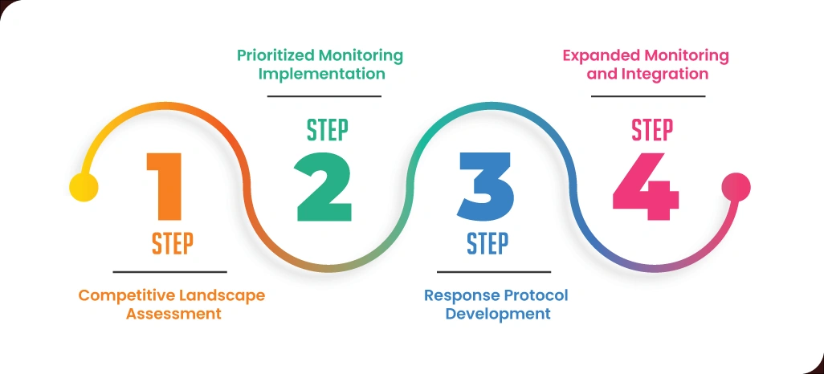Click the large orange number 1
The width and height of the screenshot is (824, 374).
tap(167, 185)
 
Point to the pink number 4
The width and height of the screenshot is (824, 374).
tap(647, 189)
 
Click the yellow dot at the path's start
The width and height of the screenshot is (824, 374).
tap(84, 187)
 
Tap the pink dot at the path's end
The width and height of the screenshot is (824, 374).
tap(736, 188)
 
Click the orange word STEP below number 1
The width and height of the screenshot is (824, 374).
tap(173, 242)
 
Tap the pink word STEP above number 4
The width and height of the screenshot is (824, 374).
tap(652, 128)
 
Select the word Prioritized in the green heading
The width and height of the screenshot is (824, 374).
tap(275, 55)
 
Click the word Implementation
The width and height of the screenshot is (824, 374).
tap(321, 74)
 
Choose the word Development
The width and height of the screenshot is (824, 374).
tap(498, 314)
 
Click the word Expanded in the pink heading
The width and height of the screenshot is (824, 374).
tap(596, 55)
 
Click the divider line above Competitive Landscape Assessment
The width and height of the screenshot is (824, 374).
tap(169, 271)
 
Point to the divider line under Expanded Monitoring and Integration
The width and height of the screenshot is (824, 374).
tap(648, 96)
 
